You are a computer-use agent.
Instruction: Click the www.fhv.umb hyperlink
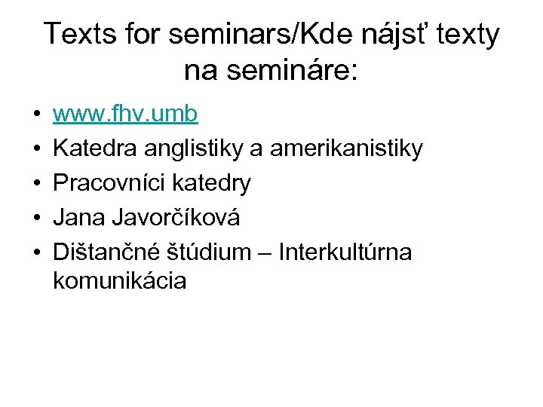coord(125,114)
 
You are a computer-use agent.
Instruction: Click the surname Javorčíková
coord(176,218)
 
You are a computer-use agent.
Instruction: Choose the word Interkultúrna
coord(345,252)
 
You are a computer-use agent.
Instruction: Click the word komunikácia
coord(120,281)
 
